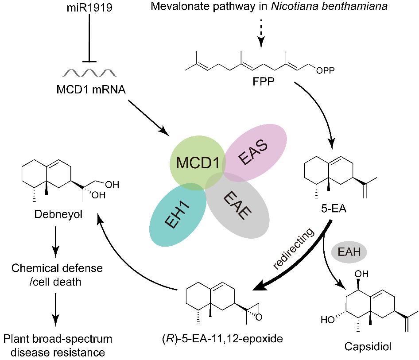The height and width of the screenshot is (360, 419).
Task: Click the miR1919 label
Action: pyautogui.click(x=89, y=7)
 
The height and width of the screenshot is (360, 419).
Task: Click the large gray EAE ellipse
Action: pyautogui.click(x=237, y=206)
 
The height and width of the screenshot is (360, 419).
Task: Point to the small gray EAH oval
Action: pyautogui.click(x=349, y=252)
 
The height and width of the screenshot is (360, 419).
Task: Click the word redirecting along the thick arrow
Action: pyautogui.click(x=294, y=249)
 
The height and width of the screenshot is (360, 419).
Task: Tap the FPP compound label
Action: pyautogui.click(x=264, y=81)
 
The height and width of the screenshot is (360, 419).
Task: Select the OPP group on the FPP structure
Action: pyautogui.click(x=326, y=70)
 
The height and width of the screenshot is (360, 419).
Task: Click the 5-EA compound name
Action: pyautogui.click(x=334, y=208)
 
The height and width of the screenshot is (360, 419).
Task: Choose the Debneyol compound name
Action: pyautogui.click(x=58, y=214)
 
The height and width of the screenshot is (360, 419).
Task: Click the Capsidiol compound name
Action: pyautogui.click(x=368, y=347)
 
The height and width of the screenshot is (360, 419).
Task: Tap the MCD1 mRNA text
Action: pyautogui.click(x=91, y=89)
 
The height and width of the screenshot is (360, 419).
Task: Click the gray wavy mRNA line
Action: pyautogui.click(x=89, y=73)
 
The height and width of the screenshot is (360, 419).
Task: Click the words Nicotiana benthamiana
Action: pyautogui.click(x=329, y=6)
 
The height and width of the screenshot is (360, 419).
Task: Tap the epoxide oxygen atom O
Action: pyautogui.click(x=259, y=317)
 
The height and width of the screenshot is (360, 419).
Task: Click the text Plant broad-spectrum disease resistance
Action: pyautogui.click(x=58, y=345)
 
